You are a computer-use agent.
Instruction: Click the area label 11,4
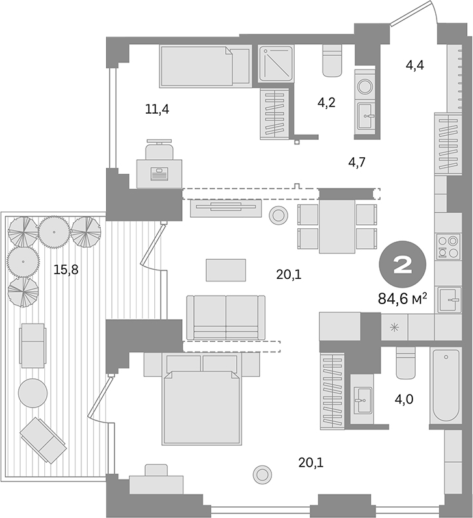[x=157, y=109]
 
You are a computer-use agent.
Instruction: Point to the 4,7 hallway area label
[x=356, y=162]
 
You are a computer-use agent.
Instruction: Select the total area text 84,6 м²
[x=402, y=298]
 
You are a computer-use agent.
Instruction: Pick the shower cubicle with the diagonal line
[x=277, y=64]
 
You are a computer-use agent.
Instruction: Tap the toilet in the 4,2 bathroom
[x=332, y=61]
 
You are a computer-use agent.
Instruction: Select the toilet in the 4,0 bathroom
[x=405, y=363]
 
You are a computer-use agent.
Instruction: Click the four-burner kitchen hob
[x=448, y=248]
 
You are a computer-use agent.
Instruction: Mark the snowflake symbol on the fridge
[x=393, y=327]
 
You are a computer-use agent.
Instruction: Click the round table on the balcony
[x=33, y=393]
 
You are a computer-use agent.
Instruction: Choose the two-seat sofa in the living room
[x=225, y=317]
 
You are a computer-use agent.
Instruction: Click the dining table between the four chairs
[x=336, y=226]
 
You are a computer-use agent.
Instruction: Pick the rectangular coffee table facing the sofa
[x=226, y=270]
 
